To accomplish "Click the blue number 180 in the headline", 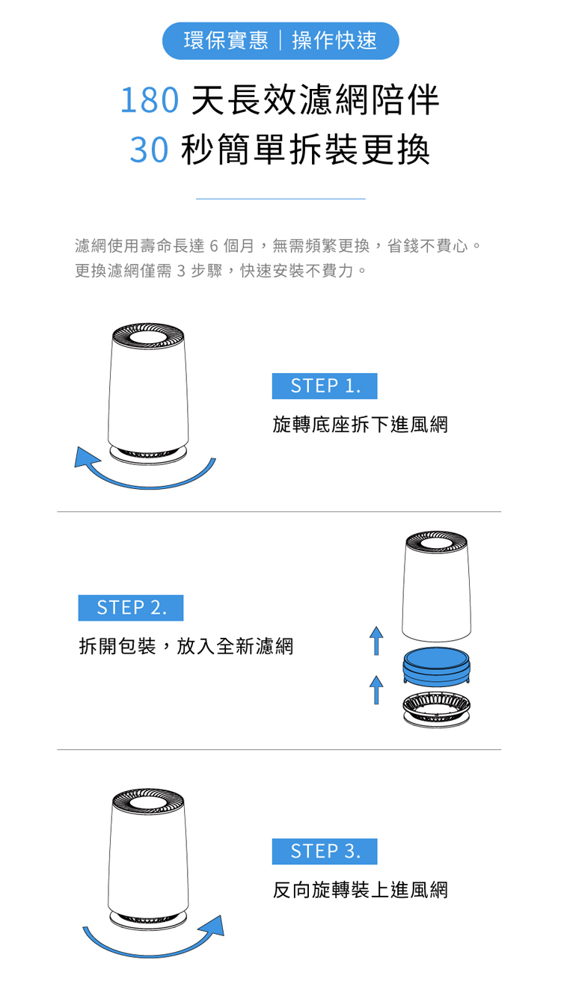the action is pos(150,100).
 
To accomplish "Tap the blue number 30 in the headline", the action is pos(149,150).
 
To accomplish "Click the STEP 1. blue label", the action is pos(325,386).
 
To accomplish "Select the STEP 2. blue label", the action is pos(131,608).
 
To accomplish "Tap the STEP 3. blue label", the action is pos(325,852).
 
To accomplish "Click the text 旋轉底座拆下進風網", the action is pos(361,425).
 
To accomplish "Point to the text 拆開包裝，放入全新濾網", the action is pos(186,647).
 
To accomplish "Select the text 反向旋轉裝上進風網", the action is pos(361,891).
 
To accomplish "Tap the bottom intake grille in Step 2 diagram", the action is pos(436,709).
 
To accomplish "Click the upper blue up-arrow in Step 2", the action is pos(376,641).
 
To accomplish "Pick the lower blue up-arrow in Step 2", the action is pos(376,689).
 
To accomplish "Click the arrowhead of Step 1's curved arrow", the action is pos(86,458).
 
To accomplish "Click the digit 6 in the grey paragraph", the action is pos(214,246).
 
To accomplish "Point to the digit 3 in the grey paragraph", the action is pos(181,271).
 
